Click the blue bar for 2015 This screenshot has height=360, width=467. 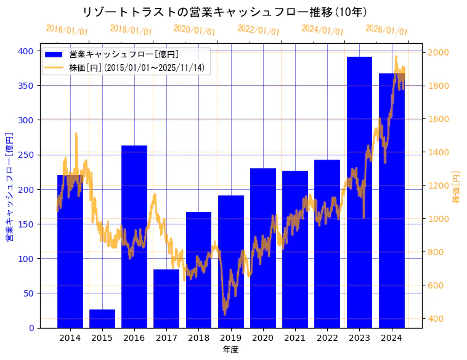[x=102, y=319]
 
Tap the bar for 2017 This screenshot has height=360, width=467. [x=166, y=298]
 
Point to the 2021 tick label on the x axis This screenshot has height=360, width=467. [x=295, y=338]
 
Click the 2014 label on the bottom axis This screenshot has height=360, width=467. [x=70, y=338]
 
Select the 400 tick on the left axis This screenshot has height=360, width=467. [x=25, y=51]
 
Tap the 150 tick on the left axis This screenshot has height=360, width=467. [x=25, y=224]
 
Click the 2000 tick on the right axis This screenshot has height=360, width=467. [x=438, y=52]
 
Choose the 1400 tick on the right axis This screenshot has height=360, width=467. [x=438, y=152]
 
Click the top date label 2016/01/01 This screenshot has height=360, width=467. [x=67, y=30]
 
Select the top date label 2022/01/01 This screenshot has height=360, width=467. [x=258, y=30]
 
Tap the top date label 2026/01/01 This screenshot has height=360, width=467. [x=386, y=30]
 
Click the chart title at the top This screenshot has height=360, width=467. [x=225, y=12]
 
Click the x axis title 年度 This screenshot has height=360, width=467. [x=230, y=350]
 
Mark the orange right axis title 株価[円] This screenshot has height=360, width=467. [x=456, y=187]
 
